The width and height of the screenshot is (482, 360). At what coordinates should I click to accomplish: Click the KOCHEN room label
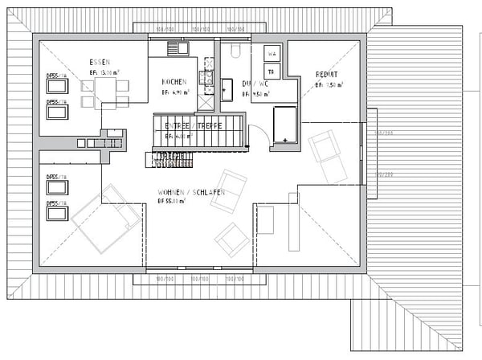[174, 83]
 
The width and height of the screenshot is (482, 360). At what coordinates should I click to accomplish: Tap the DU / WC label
[255, 83]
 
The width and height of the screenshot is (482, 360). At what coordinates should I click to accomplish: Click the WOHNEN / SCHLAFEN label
[191, 193]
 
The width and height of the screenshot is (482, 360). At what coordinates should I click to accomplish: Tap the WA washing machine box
[272, 54]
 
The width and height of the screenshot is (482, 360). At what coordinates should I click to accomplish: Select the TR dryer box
[272, 71]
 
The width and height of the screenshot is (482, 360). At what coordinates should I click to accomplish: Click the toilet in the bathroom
[235, 51]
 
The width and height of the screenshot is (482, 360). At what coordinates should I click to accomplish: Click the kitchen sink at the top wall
[177, 48]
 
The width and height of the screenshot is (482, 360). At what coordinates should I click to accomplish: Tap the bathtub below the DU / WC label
[284, 126]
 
